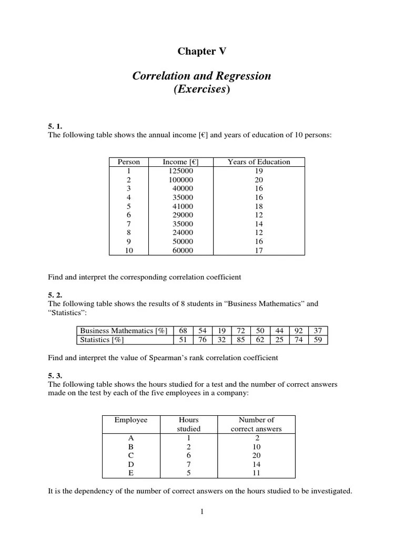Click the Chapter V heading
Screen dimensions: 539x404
[202, 51]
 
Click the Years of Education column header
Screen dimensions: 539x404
[258, 162]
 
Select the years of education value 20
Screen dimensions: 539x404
[258, 180]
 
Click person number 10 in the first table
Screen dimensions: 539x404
[129, 251]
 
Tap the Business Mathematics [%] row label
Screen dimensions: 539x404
[123, 331]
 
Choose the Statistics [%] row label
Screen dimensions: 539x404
[102, 340]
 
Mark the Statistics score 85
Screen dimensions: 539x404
[241, 340]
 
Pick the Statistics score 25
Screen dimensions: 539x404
[279, 340]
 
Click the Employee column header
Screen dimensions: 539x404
[131, 420]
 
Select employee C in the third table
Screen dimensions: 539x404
[131, 455]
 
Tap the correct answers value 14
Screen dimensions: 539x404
[256, 464]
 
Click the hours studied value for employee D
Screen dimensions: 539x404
[188, 464]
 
